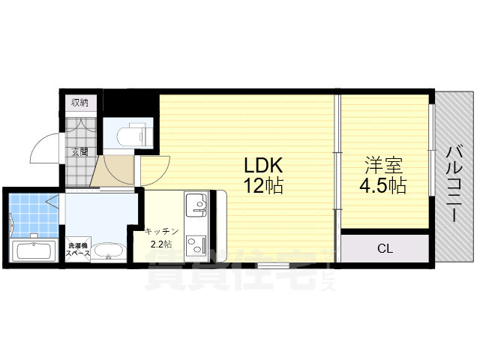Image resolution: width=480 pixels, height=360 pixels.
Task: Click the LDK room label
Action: pyautogui.click(x=263, y=166)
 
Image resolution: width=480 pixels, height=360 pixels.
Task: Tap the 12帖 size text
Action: pyautogui.click(x=263, y=185)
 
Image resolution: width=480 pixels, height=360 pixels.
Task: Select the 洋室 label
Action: pyautogui.click(x=383, y=166)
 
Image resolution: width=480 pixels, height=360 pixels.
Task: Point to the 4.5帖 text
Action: pyautogui.click(x=383, y=185)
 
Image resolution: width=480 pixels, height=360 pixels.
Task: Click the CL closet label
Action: pyautogui.click(x=385, y=248)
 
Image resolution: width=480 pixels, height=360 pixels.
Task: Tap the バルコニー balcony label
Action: pyautogui.click(x=455, y=184)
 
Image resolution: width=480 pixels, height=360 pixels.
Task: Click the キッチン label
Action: pyautogui.click(x=162, y=232)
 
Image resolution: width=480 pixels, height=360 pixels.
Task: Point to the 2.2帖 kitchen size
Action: pyautogui.click(x=161, y=244)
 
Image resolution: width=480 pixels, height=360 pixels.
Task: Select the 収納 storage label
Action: pyautogui.click(x=80, y=103)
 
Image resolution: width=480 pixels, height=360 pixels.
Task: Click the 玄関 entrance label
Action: pyautogui.click(x=79, y=151)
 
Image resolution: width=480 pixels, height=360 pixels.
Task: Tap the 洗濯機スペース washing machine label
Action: pyautogui.click(x=78, y=250)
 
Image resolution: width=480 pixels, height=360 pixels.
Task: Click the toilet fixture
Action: pyautogui.click(x=135, y=135)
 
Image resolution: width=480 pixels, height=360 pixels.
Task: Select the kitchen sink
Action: pyautogui.click(x=196, y=205)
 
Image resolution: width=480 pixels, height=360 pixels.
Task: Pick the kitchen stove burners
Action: pyautogui.click(x=196, y=244)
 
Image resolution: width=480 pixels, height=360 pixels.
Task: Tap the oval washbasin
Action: pyautogui.click(x=109, y=251)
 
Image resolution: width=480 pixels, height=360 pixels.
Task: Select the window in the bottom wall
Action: pyautogui.click(x=273, y=265)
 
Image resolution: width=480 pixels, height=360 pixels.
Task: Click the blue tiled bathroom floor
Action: pyautogui.click(x=34, y=215)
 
